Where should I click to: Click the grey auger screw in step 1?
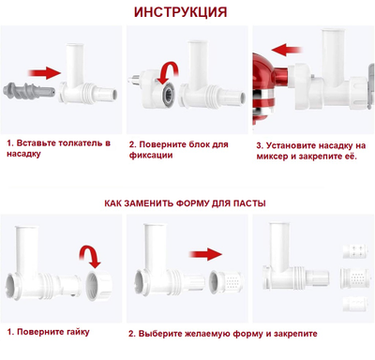point(22,92)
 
